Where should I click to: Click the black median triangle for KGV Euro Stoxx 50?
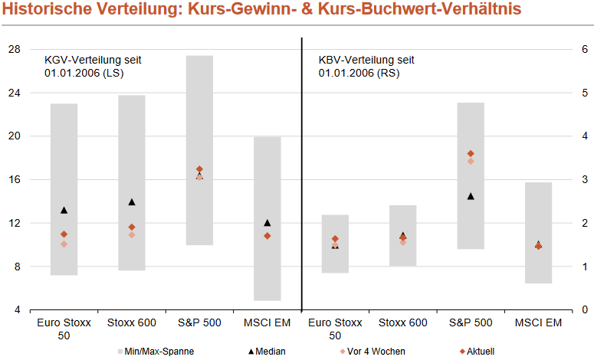64,210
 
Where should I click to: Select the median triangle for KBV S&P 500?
471,196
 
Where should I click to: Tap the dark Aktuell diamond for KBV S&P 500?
471,154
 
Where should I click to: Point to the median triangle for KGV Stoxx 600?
132,202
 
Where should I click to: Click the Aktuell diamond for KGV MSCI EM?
267,236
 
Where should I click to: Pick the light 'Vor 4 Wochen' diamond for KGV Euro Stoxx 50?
64,244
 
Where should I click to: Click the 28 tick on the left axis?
14,49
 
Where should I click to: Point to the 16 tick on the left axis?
14,180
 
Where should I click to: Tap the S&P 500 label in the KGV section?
199,323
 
